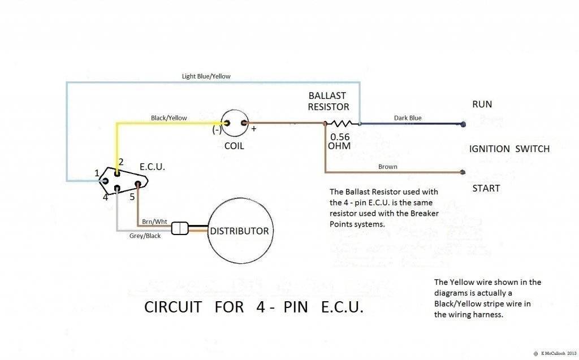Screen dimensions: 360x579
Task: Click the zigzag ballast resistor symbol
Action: [343, 123]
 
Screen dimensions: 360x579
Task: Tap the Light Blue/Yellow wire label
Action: [206, 76]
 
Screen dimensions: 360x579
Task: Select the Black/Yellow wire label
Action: [168, 118]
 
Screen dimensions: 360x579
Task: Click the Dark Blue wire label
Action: [407, 118]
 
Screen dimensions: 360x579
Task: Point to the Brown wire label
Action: [388, 167]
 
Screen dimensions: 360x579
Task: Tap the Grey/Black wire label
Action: [145, 236]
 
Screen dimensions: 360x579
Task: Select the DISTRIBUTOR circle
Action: [239, 231]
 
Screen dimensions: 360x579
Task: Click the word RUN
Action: [482, 104]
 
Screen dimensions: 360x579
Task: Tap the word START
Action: [486, 188]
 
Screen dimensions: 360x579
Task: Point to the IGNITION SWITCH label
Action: [509, 149]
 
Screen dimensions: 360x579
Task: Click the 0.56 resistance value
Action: [340, 137]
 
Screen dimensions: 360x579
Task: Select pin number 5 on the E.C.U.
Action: [132, 197]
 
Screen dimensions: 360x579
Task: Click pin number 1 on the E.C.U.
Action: [97, 172]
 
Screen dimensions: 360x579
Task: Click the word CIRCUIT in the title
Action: [173, 307]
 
